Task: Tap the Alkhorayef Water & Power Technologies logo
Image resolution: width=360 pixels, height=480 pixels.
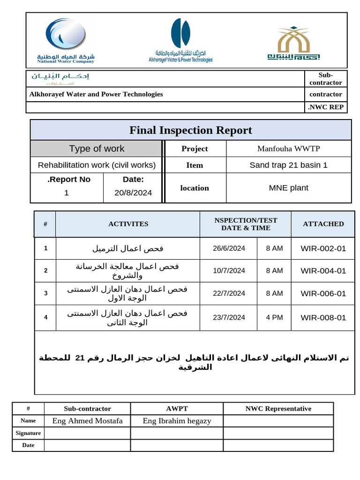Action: point(180,40)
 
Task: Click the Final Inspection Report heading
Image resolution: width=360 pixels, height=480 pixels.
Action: point(190,130)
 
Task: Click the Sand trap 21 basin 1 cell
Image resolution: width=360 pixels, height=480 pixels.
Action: point(288,165)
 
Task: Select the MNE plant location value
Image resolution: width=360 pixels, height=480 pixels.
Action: point(288,188)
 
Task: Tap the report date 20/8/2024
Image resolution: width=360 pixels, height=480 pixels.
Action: point(133,193)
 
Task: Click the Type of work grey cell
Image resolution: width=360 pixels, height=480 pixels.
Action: point(97,149)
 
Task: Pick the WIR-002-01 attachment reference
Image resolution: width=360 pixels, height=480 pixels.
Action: point(323,248)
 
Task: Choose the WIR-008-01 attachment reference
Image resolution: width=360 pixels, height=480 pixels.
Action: point(323,317)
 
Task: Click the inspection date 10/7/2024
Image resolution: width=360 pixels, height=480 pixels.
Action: point(229,270)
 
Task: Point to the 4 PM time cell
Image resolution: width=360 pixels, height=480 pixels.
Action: point(274,317)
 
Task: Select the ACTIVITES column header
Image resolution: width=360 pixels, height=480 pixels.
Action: point(128,224)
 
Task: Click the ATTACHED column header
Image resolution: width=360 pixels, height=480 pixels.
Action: point(323,224)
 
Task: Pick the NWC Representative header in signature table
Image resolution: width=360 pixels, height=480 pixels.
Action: point(278,409)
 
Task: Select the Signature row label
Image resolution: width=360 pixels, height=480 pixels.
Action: point(28,433)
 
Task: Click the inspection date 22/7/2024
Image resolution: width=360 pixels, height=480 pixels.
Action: point(229,293)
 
